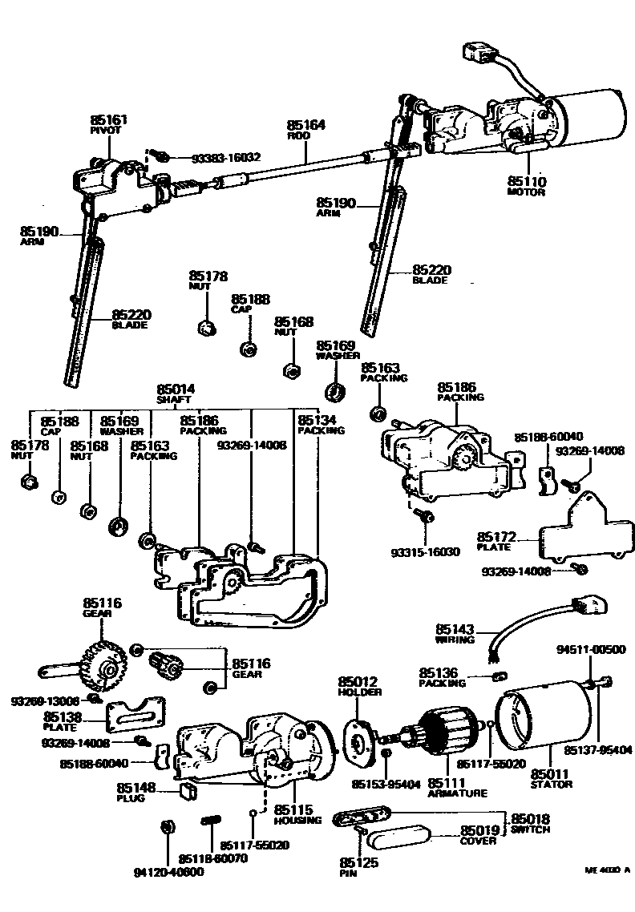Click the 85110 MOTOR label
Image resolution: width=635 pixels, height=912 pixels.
(x=526, y=186)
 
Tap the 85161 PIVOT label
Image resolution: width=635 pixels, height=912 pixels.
(x=108, y=124)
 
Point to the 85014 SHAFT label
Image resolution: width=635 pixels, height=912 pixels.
(x=176, y=393)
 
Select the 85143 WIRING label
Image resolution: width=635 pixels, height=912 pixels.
(x=455, y=634)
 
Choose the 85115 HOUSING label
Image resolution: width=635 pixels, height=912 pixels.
(x=295, y=815)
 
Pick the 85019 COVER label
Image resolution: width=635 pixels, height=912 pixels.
(x=479, y=835)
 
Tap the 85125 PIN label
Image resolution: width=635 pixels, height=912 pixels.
(x=354, y=866)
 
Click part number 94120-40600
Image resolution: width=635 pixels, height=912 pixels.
(x=169, y=871)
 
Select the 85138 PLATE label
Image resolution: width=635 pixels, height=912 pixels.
(x=62, y=720)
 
